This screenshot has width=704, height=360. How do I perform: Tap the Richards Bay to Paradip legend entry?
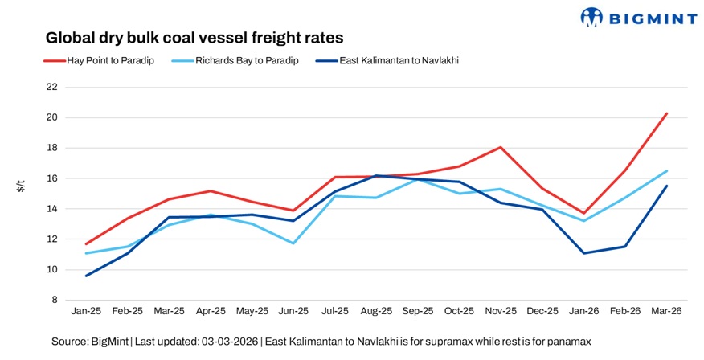coord(246,60)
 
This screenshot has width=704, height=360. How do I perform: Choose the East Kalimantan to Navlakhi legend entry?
coord(394,60)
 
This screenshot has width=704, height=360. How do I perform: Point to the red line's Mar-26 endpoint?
coord(667,113)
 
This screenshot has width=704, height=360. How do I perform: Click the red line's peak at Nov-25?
coord(501,147)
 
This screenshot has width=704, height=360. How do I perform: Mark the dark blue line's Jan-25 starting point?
coord(85,276)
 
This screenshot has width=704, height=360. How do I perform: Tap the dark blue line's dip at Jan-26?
coord(584,253)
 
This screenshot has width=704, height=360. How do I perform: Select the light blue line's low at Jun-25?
coord(293,243)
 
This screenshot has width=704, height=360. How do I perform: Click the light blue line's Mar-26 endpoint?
coord(667,170)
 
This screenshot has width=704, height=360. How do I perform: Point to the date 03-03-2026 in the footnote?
coord(228,342)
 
